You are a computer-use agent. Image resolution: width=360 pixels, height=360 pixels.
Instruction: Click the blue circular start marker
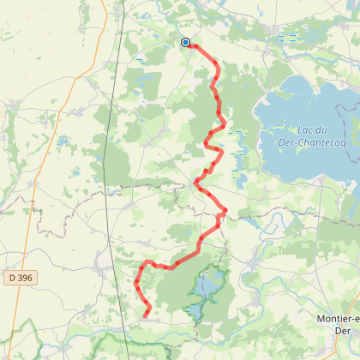pyautogui.click(x=185, y=42)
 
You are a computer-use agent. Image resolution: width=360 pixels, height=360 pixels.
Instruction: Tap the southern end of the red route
pyautogui.click(x=145, y=316)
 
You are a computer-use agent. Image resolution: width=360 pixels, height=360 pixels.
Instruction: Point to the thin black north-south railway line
pyautogui.click(x=109, y=171)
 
